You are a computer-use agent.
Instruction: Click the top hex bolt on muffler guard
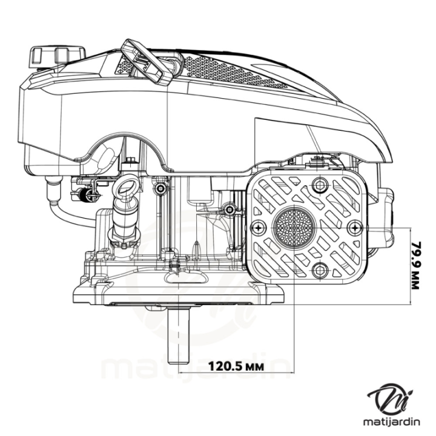(x=319, y=184)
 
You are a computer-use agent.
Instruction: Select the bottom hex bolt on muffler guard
(x=319, y=271)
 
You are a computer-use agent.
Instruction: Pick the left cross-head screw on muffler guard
(x=259, y=228)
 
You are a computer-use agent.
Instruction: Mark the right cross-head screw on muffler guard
(x=356, y=228)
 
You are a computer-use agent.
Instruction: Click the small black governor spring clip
(x=84, y=195)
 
